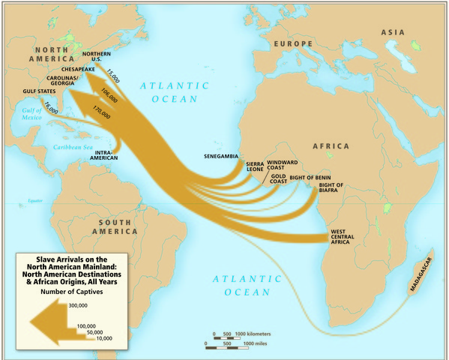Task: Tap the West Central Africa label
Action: click(x=348, y=236)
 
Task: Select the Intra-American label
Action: click(x=109, y=154)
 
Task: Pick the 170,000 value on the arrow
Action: click(x=101, y=112)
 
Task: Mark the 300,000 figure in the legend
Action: click(x=78, y=306)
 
